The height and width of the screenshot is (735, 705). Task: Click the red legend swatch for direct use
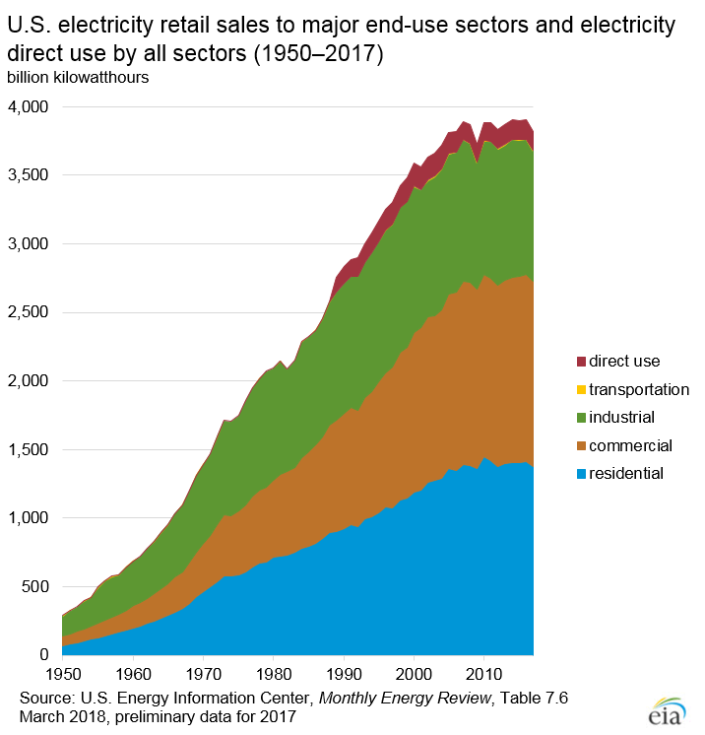[582, 362]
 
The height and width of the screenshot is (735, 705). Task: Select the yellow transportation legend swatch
[582, 389]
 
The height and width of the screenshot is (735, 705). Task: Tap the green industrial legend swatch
[582, 417]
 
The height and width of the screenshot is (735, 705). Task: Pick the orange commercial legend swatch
[582, 445]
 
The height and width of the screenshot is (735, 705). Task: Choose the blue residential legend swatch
[582, 473]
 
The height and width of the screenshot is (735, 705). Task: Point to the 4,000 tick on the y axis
[29, 106]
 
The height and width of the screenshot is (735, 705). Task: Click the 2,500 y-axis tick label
[29, 312]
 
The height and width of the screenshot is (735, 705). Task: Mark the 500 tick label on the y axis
[37, 586]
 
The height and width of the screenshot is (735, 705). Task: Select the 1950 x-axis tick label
[62, 675]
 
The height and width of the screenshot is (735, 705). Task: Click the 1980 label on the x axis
[273, 675]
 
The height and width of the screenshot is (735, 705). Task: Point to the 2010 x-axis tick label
[483, 675]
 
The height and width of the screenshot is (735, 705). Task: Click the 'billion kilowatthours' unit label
[78, 77]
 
